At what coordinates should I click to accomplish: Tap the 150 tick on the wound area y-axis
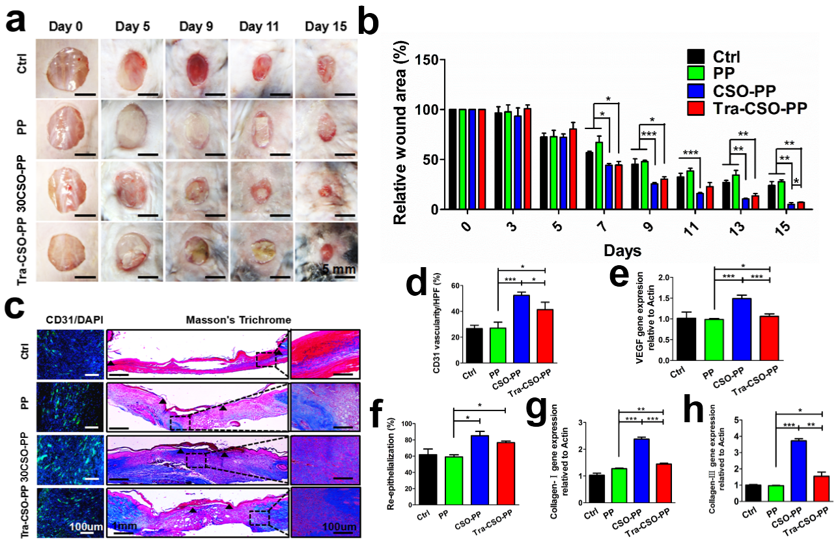click(430, 60)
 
